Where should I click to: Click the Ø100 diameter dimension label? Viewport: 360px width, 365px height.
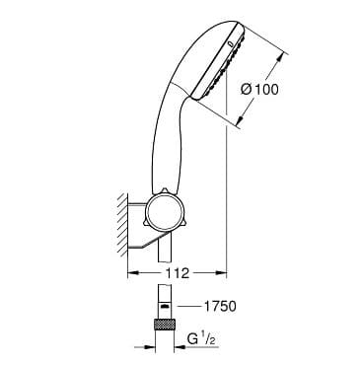coord(259,90)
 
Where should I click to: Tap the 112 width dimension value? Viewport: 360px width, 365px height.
coord(177,273)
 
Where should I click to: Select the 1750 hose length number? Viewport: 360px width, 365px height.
coord(220,307)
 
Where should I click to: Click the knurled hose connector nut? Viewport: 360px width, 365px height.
coord(165,324)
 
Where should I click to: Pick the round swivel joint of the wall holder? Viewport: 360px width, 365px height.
coord(162,209)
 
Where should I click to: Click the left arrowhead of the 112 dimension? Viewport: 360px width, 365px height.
coord(132,272)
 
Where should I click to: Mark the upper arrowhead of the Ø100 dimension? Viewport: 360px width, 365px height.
coord(279,58)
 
